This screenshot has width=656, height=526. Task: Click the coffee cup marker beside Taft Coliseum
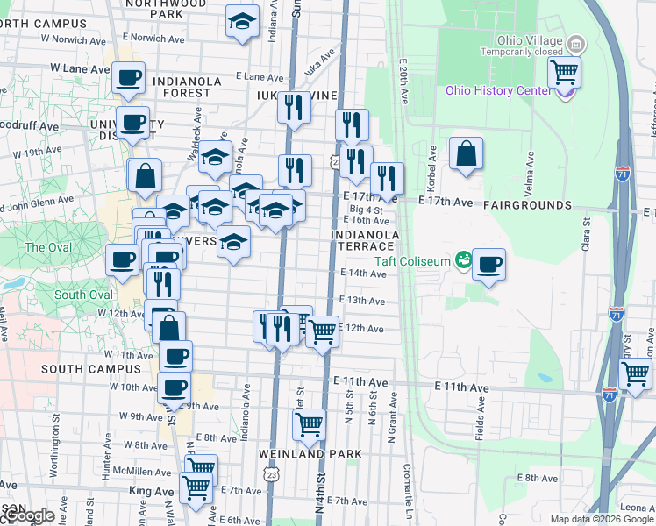488,263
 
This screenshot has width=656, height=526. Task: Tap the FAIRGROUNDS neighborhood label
524,205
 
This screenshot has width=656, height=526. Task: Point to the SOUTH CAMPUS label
79,370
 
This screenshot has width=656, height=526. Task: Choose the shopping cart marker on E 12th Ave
322,331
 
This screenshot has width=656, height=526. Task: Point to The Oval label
46,247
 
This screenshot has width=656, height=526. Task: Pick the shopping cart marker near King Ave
195,487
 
